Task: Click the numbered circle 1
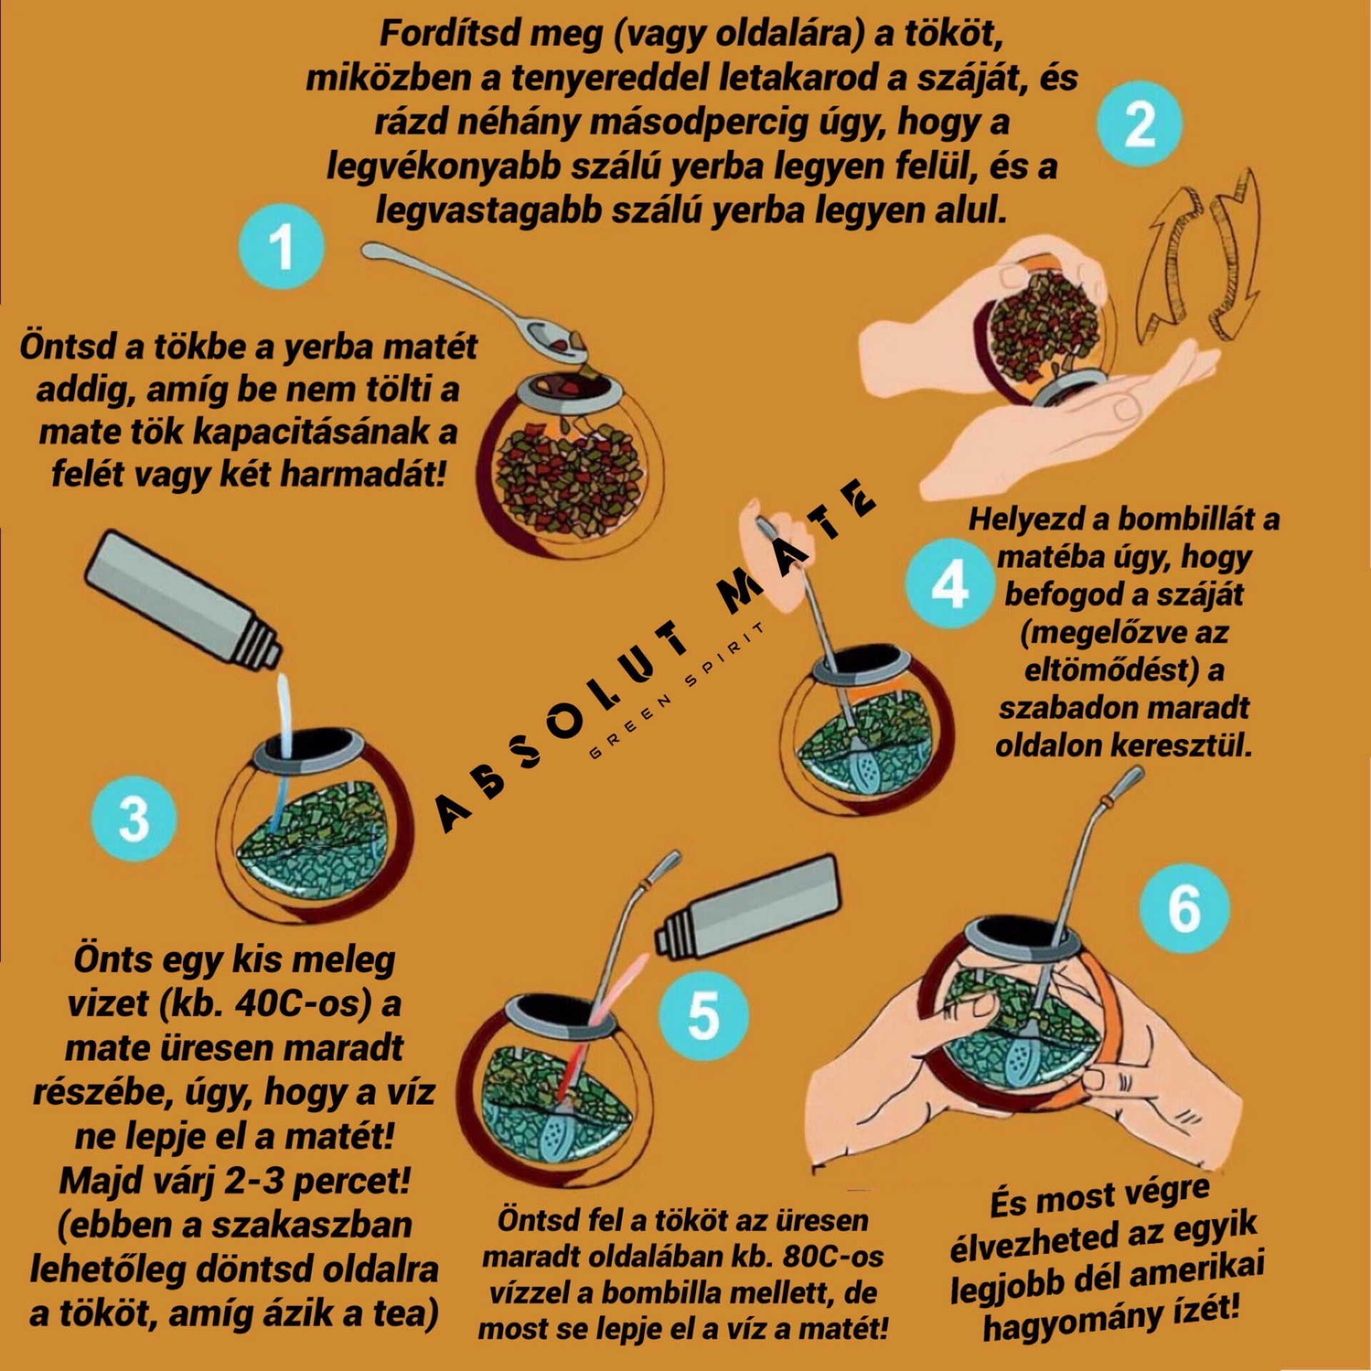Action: tap(281, 247)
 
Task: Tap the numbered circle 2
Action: tap(1139, 124)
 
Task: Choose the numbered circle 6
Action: tap(1185, 908)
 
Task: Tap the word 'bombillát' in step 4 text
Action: tap(1186, 519)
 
